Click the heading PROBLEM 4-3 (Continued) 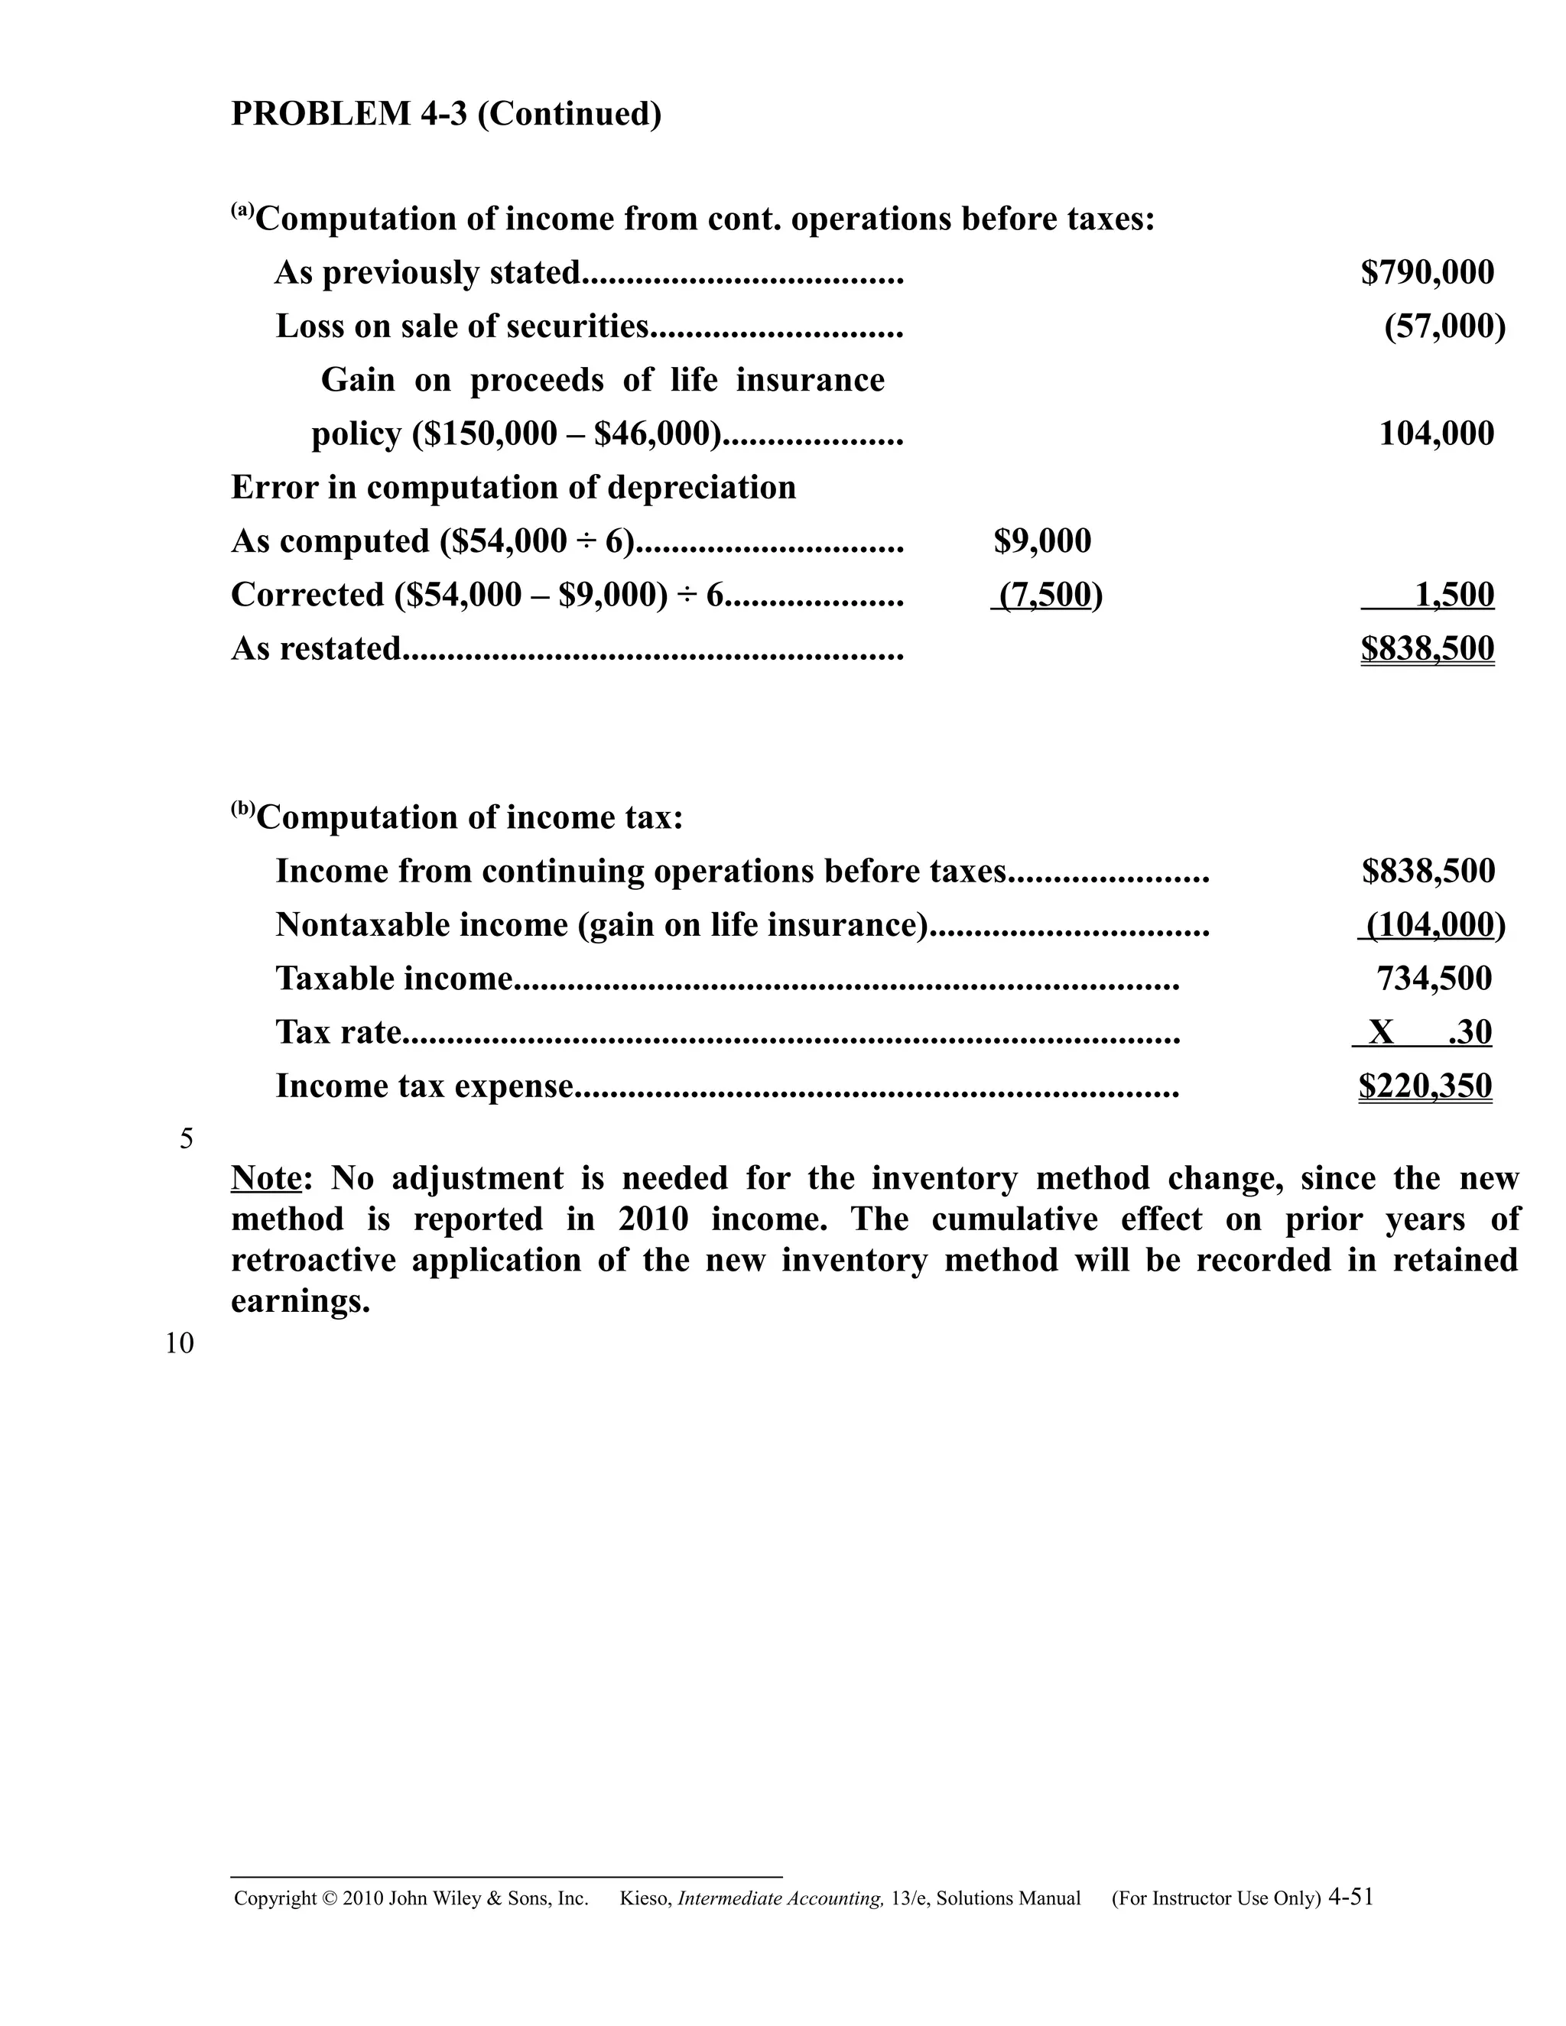tap(447, 114)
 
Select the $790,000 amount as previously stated tap(1427, 273)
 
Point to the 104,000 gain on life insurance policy tap(1436, 434)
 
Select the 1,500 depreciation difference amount tap(1454, 596)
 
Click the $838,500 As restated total tap(1427, 649)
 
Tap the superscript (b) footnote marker tap(242, 809)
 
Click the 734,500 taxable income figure tap(1434, 979)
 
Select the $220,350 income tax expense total tap(1425, 1086)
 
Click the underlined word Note tap(266, 1179)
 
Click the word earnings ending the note tap(300, 1301)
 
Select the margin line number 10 tap(180, 1344)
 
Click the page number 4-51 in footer tap(1351, 1897)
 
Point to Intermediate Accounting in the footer tap(780, 1899)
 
